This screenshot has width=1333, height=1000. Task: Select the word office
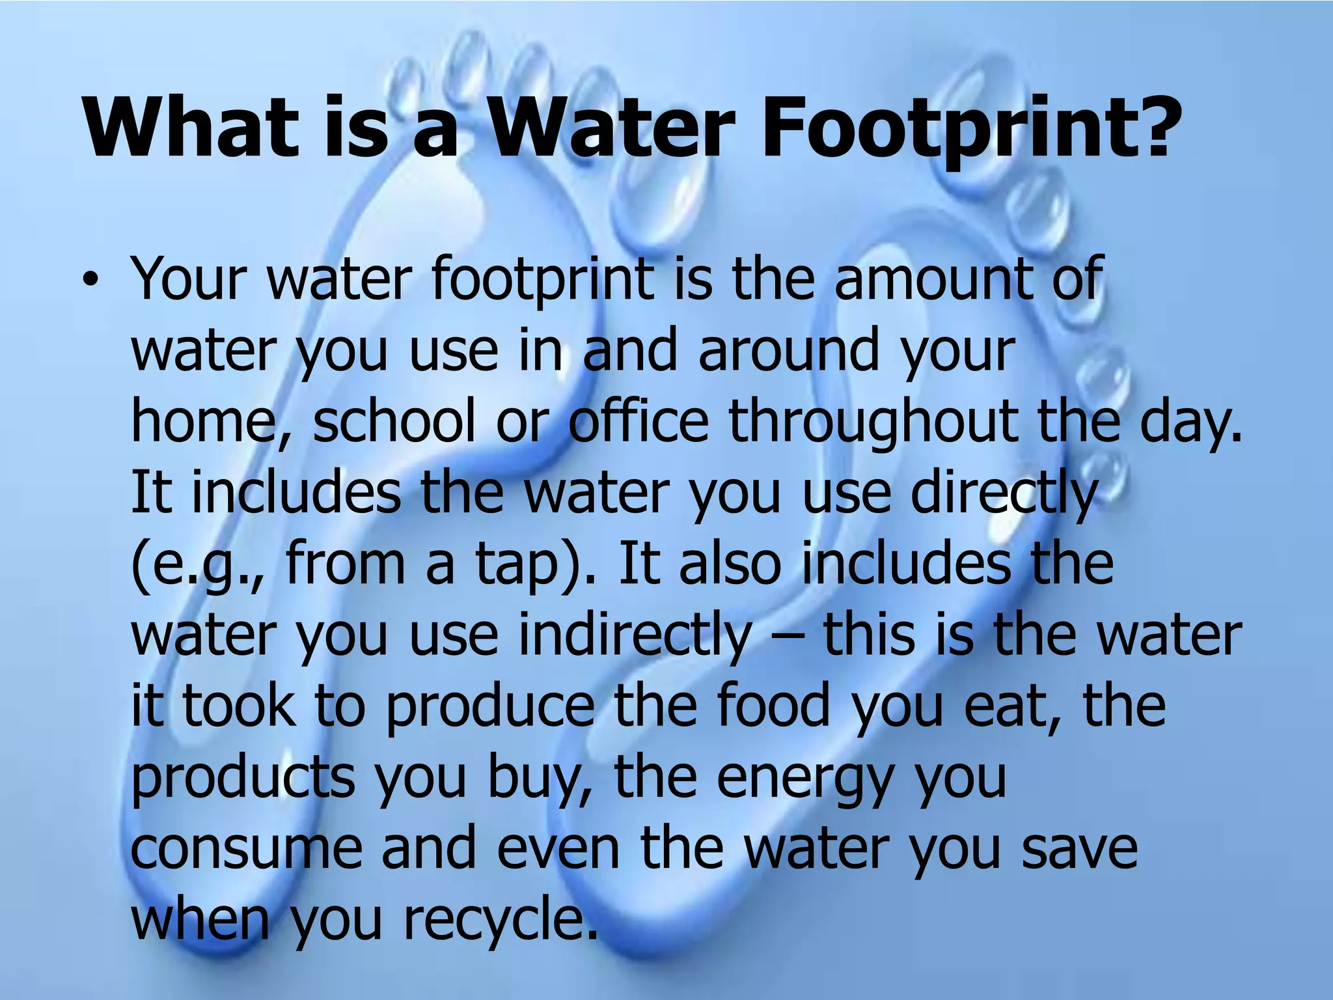[639, 421]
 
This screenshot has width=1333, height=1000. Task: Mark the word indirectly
[635, 635]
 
